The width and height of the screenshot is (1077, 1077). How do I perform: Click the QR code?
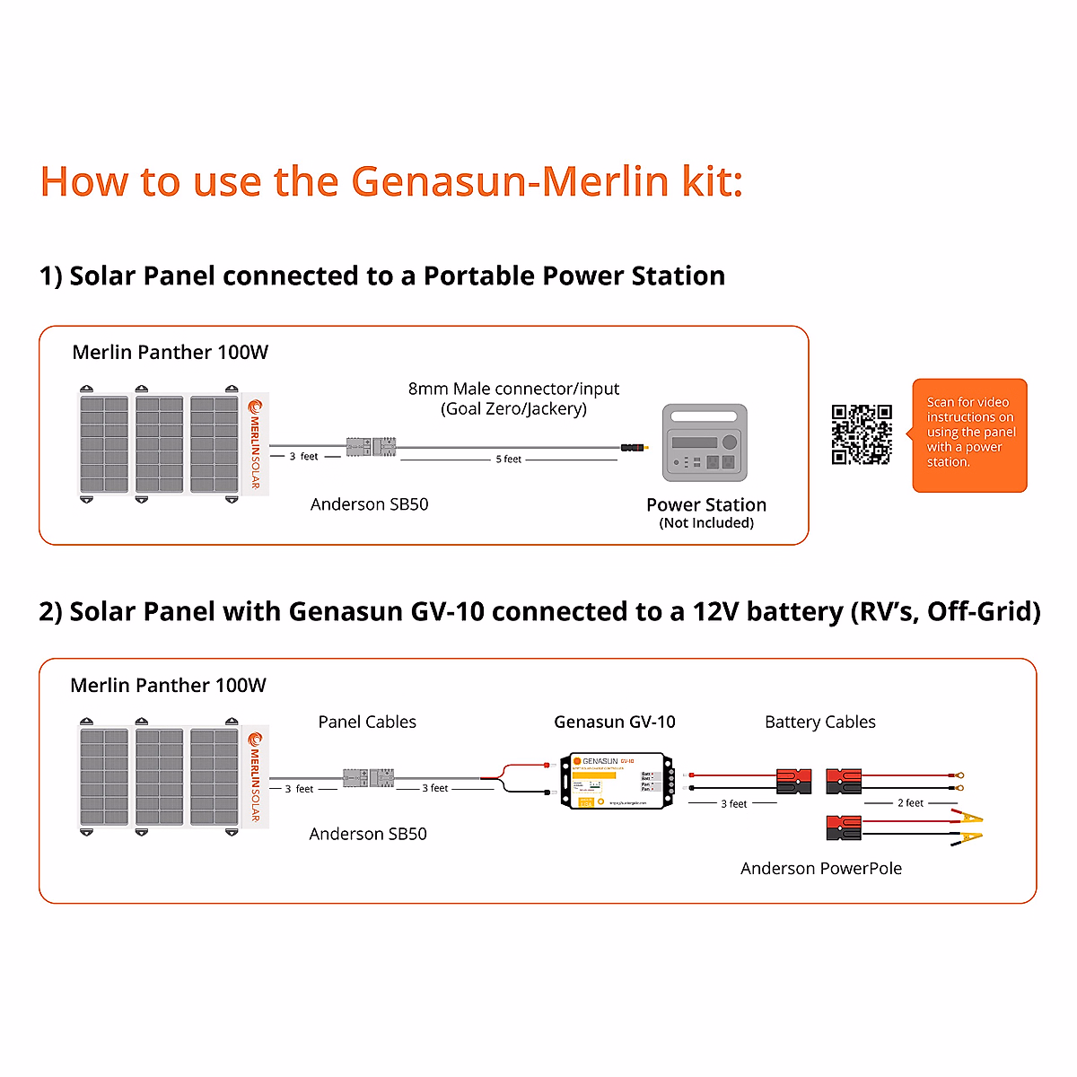[862, 434]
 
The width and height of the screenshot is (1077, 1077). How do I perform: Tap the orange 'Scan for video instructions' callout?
[969, 434]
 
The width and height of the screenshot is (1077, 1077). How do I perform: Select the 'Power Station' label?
[706, 504]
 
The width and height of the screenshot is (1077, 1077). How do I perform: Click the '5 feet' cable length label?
[508, 460]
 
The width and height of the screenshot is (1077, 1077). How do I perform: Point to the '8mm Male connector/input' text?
[513, 389]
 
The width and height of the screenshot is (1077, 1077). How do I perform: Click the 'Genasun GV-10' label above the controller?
[615, 722]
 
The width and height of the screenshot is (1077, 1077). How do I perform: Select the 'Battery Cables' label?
[819, 722]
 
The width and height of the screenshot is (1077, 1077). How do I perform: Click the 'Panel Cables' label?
[367, 722]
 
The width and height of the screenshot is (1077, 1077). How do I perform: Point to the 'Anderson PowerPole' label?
[820, 868]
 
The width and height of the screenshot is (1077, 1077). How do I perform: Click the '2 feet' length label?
[910, 803]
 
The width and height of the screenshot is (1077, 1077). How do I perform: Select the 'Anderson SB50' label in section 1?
[369, 504]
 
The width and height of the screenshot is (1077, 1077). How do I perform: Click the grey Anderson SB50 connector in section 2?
[369, 778]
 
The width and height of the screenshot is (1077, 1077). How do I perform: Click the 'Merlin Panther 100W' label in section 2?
[168, 686]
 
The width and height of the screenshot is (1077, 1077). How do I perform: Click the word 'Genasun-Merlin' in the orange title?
[510, 181]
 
